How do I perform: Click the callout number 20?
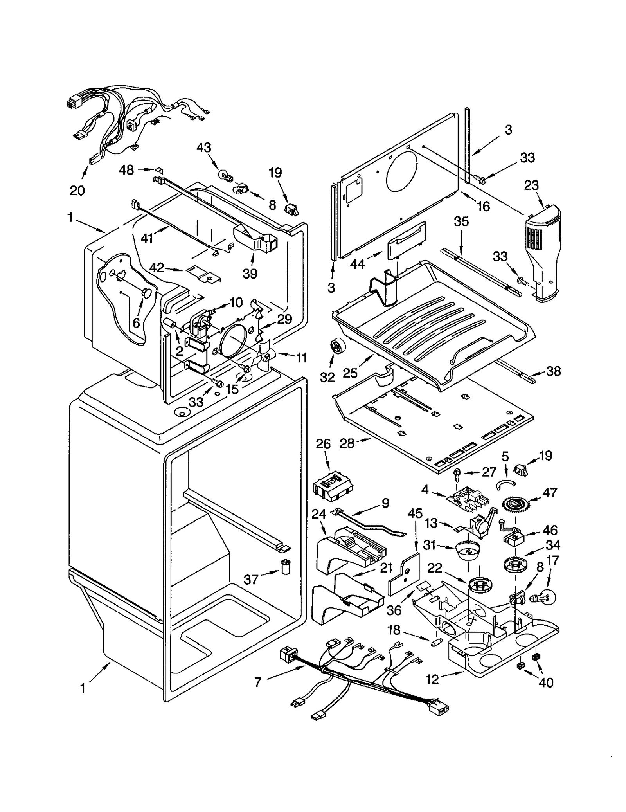[77, 191]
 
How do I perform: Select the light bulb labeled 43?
[225, 174]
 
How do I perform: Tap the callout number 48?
[126, 170]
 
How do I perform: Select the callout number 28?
[347, 443]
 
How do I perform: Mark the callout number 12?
[433, 680]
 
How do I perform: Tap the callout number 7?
[257, 682]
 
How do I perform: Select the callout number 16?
[484, 206]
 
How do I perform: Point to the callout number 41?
[147, 238]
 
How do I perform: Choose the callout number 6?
[136, 323]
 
